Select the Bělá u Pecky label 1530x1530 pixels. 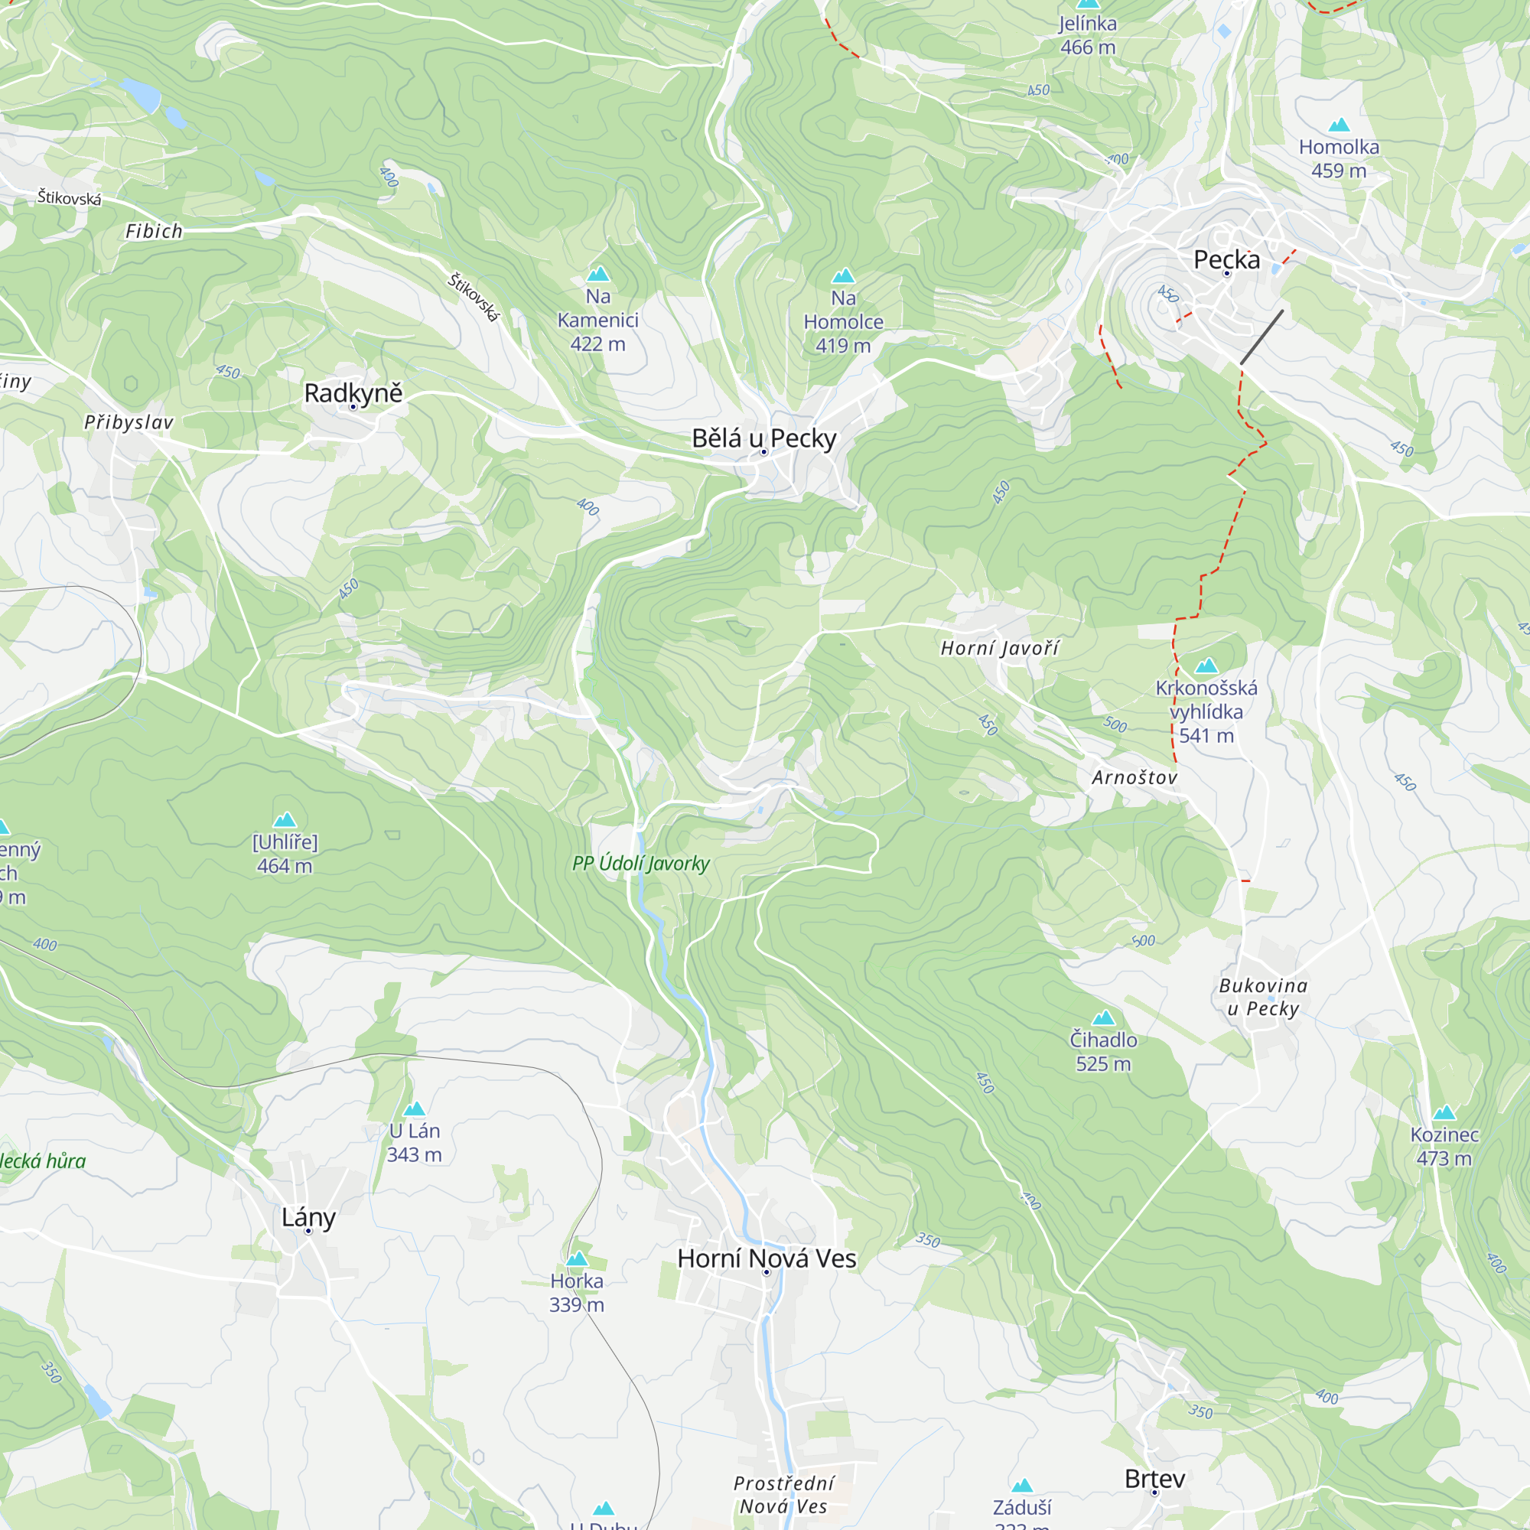(x=763, y=437)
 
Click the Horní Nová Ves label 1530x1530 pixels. (x=766, y=1258)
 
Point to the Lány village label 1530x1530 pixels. (x=308, y=1216)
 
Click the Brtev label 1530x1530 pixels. (x=1154, y=1478)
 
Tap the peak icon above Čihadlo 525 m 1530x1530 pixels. (x=1103, y=1017)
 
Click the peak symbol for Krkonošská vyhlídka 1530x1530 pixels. (x=1206, y=666)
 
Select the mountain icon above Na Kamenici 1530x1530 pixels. (x=598, y=274)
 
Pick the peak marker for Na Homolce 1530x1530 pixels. (x=842, y=275)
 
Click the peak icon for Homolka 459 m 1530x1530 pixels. (x=1338, y=125)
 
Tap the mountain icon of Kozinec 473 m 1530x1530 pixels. (x=1444, y=1112)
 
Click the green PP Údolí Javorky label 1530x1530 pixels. (x=640, y=863)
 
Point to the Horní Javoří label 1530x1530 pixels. (x=998, y=648)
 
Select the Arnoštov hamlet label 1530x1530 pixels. (x=1134, y=777)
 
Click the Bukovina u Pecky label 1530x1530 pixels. (x=1262, y=996)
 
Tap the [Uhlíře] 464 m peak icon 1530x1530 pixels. (x=285, y=819)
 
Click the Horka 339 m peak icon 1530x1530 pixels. (x=577, y=1258)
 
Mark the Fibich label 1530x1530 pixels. (x=154, y=231)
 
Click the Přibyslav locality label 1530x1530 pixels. (x=129, y=422)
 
